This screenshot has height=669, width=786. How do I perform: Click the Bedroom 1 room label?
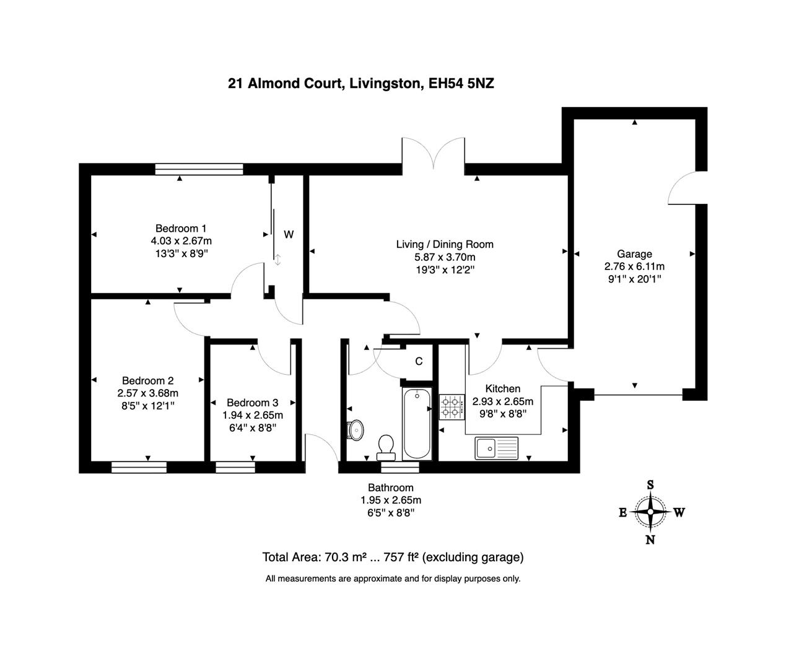point(181,228)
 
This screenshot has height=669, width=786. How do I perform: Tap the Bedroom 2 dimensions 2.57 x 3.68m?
point(147,393)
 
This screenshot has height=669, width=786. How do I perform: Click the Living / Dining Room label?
point(444,244)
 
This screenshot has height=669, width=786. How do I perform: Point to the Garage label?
point(634,254)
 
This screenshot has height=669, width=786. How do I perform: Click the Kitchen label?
point(502,388)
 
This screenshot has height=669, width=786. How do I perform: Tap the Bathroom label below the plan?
point(390,488)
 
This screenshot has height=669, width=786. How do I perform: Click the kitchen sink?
point(496,448)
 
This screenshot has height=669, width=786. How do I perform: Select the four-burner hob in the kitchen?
point(451,406)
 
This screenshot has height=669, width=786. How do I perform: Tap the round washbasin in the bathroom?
point(356,430)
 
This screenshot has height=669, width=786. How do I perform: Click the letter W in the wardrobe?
point(289,234)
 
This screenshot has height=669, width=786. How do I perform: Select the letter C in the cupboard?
point(419,361)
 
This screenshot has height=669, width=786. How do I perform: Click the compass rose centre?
point(650,512)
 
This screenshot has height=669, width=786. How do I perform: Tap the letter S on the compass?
point(650,485)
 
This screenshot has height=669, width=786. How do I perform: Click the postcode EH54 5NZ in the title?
point(461,84)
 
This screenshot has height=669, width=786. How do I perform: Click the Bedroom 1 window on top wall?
point(199,169)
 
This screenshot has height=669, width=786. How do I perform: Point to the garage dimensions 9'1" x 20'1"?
point(634,279)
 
